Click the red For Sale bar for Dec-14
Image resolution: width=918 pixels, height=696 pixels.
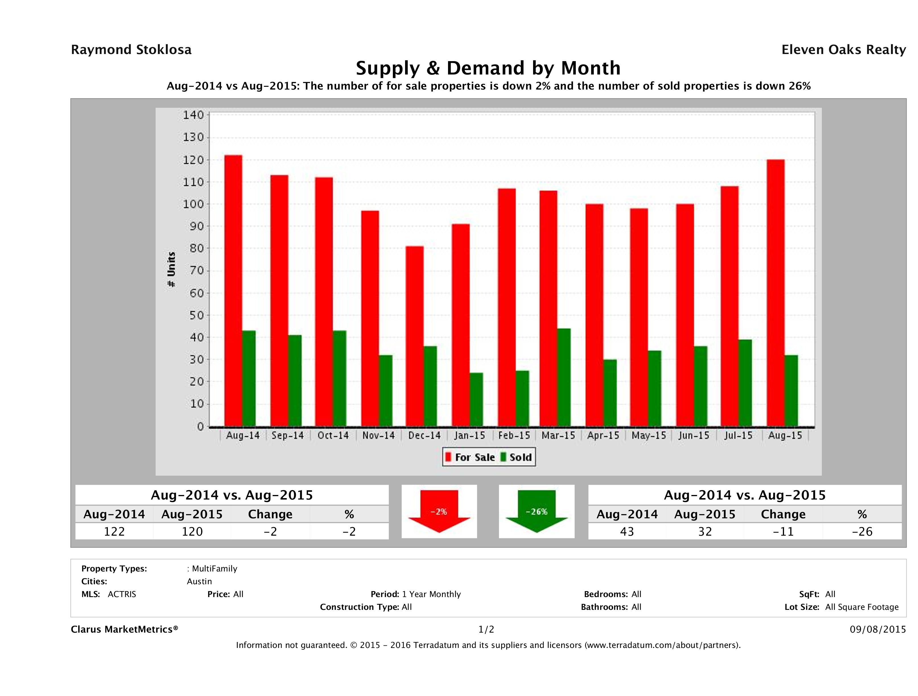(414, 336)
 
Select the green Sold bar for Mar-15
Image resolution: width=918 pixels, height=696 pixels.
(564, 378)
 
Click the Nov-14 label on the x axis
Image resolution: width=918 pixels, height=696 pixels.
(378, 436)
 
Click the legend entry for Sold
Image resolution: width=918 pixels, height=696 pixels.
(516, 457)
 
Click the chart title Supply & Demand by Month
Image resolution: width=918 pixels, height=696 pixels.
(488, 68)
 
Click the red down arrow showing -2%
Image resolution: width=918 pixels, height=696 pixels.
(439, 511)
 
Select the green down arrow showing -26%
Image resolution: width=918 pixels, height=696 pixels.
(536, 511)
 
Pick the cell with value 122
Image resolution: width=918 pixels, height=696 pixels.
(114, 532)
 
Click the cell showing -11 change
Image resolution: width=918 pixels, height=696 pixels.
(783, 532)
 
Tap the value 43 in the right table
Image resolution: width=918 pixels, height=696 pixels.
(627, 532)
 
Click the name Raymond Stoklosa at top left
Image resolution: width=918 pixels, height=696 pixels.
(131, 50)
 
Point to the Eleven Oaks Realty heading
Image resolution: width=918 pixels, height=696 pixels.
(843, 50)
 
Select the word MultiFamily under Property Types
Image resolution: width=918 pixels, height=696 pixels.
(214, 569)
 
